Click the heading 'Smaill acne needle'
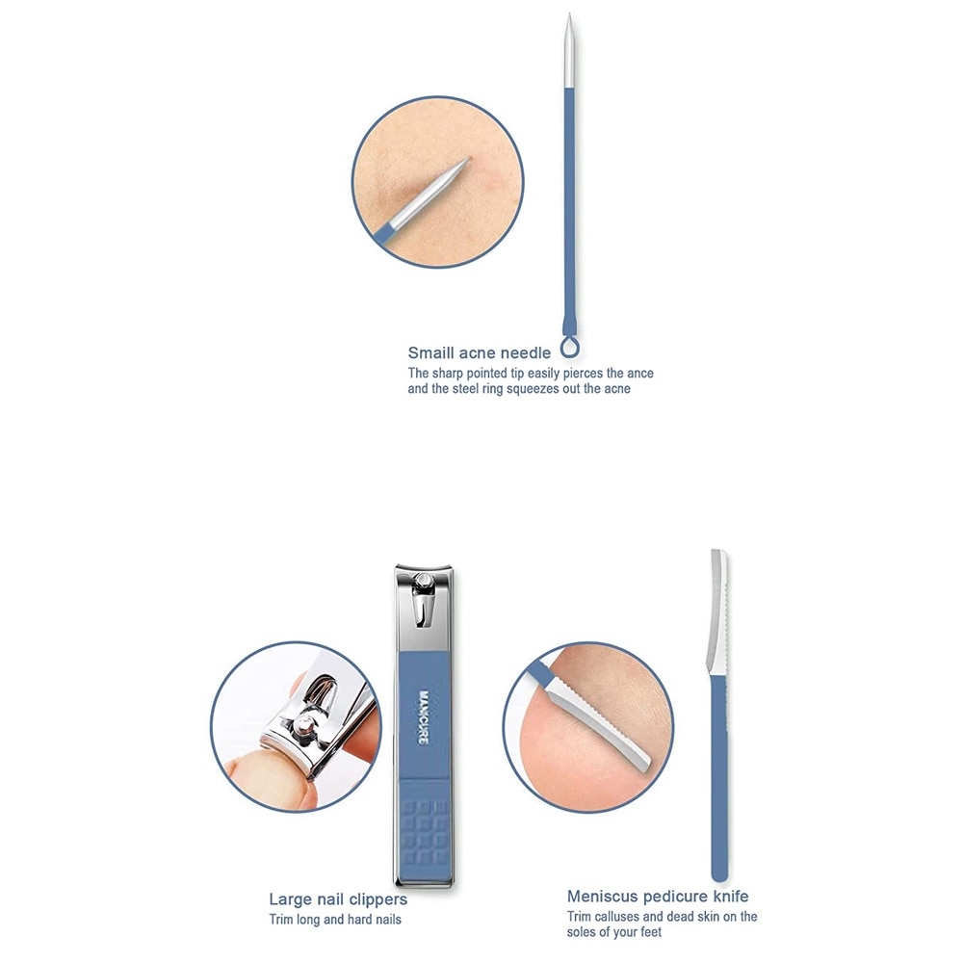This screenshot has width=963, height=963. (479, 353)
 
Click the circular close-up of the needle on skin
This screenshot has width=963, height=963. (438, 182)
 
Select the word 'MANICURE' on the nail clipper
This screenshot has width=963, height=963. (423, 716)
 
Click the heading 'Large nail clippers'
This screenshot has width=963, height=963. (338, 899)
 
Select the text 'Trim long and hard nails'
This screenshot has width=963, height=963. (335, 920)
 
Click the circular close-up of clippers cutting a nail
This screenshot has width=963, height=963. (296, 727)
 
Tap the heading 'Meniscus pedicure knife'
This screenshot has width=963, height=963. (658, 896)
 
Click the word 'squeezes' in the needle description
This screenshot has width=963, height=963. (534, 389)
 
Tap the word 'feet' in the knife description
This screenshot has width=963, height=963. (650, 932)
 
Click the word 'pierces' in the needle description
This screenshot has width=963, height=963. (584, 374)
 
